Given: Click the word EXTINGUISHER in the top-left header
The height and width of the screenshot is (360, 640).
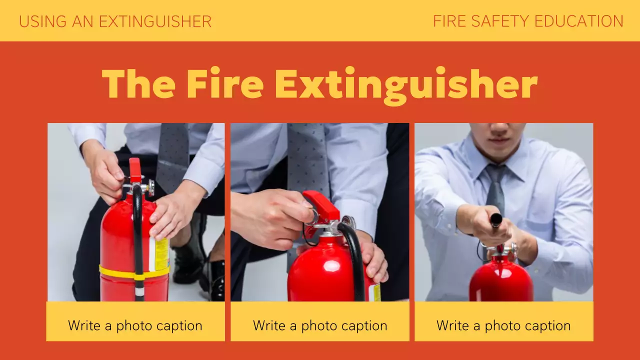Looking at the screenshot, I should (x=155, y=21).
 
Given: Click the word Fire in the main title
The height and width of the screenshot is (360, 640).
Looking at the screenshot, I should (x=224, y=83).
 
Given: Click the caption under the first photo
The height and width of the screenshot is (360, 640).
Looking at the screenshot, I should (x=135, y=326).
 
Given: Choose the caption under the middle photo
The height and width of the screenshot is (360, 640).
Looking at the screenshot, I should (x=320, y=326).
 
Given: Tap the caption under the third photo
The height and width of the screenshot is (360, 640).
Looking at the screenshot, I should (x=503, y=326).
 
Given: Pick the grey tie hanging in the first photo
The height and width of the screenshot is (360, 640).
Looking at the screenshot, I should (x=172, y=155).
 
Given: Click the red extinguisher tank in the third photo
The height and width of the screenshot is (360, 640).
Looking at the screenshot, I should (x=501, y=282).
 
